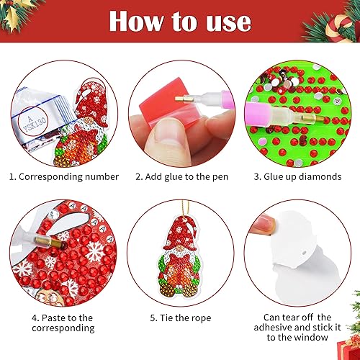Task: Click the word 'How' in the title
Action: click(x=136, y=22)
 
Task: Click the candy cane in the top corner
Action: click(x=338, y=27)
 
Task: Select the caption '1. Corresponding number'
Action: click(x=64, y=177)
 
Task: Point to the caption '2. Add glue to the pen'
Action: click(x=181, y=177)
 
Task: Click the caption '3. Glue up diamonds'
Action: click(x=297, y=177)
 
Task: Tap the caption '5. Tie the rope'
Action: click(x=181, y=318)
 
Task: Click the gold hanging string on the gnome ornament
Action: click(x=185, y=207)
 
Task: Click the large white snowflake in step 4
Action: click(x=95, y=251)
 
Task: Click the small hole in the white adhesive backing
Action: click(x=304, y=253)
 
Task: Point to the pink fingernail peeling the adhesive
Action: click(x=266, y=223)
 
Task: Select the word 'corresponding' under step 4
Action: click(x=63, y=328)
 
